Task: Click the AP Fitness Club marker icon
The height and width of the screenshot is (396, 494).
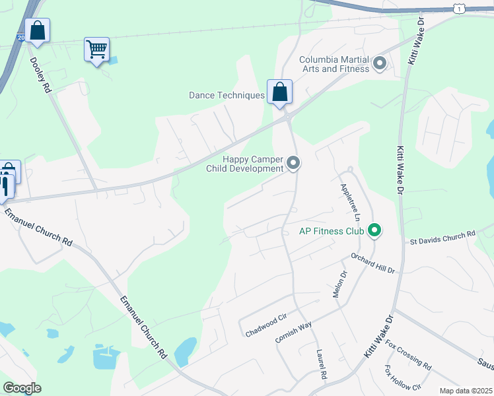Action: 374,230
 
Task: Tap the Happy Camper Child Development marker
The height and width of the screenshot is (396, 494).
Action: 293,162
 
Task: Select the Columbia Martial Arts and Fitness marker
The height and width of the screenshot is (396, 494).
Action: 380,64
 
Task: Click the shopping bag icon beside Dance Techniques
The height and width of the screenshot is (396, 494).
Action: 279,92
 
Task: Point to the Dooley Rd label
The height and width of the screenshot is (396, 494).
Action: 40,75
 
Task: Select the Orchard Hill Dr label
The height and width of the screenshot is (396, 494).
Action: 372,263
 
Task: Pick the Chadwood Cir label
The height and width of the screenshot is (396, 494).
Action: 265,323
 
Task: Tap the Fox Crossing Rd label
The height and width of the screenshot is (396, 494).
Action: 409,354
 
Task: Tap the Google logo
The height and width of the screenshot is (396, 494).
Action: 22,387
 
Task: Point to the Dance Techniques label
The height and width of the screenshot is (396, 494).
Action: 227,96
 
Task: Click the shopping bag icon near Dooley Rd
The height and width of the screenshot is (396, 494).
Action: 38,30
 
